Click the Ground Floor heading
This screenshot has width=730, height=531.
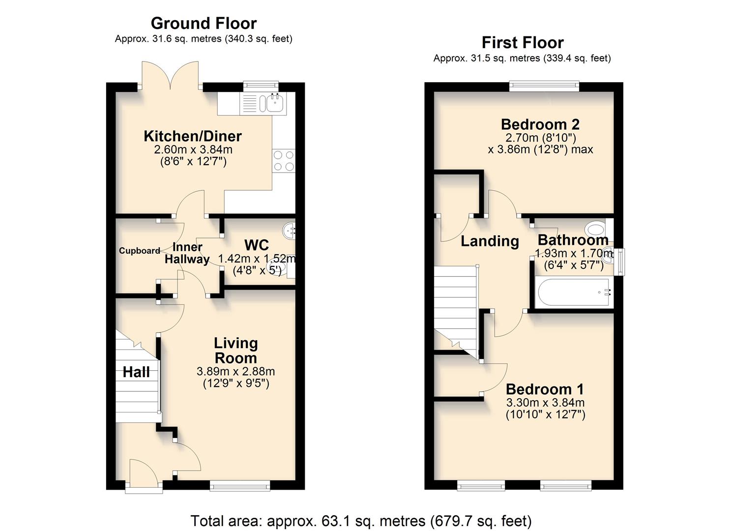click(204, 23)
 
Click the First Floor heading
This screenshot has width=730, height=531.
click(522, 43)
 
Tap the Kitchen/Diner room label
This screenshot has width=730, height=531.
click(193, 136)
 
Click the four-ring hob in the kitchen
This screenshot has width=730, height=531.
click(284, 161)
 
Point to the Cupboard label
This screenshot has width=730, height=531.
click(140, 251)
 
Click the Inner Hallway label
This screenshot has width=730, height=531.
click(187, 253)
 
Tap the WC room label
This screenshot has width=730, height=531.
click(257, 245)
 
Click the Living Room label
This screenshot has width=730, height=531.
click(236, 351)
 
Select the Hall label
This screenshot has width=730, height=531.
click(136, 372)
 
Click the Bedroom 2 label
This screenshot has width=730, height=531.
click(540, 124)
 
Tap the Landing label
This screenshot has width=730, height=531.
click(490, 241)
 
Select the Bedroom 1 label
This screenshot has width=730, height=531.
click(545, 389)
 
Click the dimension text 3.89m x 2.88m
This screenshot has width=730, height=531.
click(236, 371)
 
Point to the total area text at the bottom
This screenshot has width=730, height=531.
click(361, 521)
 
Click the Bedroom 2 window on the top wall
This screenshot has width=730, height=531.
click(544, 87)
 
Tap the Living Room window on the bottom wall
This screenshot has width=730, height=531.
click(240, 486)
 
